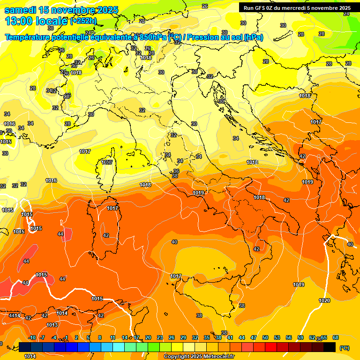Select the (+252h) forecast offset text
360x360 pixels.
(83, 21)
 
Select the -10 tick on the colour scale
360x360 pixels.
(32, 337)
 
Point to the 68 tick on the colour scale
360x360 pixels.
(336, 337)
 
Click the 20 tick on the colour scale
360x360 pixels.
(148, 337)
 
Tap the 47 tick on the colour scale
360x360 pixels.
(254, 337)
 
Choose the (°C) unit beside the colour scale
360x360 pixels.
(344, 347)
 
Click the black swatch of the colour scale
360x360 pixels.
(330, 347)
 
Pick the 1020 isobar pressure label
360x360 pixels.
(324, 300)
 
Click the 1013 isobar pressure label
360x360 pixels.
(52, 325)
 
